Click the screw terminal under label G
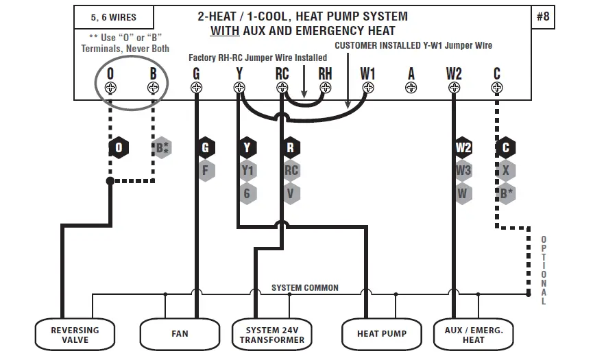tap(197, 88)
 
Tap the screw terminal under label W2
tap(454, 88)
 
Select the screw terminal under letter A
tap(411, 88)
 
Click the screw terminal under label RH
tap(325, 88)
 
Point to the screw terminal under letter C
tap(497, 88)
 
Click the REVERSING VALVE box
tap(75, 335)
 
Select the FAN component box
tap(180, 335)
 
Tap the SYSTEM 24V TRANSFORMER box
tap(272, 335)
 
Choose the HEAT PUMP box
tap(381, 335)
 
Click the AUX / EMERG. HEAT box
tap(474, 335)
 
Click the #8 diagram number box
tap(542, 17)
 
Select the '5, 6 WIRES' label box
tap(113, 17)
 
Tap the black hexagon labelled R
tap(291, 147)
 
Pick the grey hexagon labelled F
tap(205, 170)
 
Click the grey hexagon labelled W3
tap(463, 170)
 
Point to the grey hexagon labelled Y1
tap(247, 170)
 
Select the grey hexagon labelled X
tap(505, 170)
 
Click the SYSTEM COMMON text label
tap(304, 288)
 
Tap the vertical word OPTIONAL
tap(544, 271)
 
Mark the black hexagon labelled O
tap(119, 147)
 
